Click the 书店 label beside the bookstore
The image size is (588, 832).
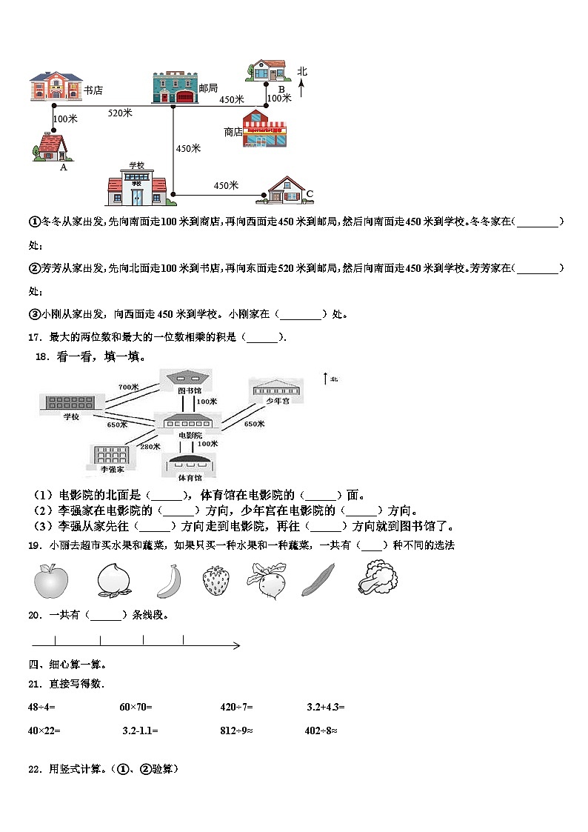93,90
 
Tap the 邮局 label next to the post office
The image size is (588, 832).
208,88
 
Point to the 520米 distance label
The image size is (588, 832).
120,113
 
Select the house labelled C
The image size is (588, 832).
285,190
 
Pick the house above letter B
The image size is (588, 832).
267,70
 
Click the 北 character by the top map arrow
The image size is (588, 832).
302,71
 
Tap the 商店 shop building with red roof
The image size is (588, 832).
264,129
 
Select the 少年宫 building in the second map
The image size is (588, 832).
276,388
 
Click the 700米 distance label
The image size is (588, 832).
128,387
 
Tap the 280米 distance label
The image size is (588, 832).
150,446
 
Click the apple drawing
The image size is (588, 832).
51,580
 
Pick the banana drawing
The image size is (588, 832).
169,581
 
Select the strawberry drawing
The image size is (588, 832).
216,579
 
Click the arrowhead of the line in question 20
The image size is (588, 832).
236,646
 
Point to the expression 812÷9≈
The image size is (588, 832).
237,731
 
